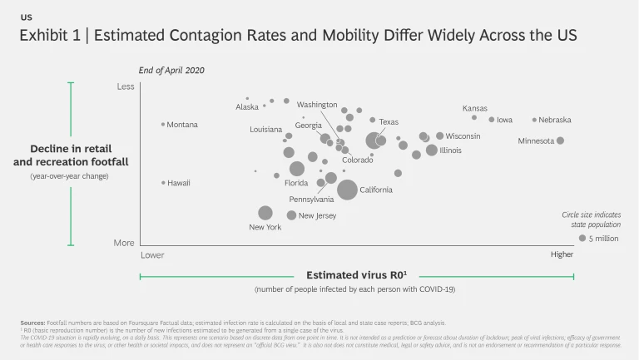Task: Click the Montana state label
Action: (182, 125)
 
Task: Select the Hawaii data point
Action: (163, 182)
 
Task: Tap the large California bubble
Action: (347, 190)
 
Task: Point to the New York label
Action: (265, 227)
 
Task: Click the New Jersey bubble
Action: (291, 215)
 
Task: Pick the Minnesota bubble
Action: (561, 141)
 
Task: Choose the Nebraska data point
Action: (534, 120)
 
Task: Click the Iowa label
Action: (504, 120)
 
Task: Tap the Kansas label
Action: (475, 108)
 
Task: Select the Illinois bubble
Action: (432, 150)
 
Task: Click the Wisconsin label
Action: (463, 136)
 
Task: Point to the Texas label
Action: (389, 122)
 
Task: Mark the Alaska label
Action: (247, 107)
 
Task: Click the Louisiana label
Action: (266, 130)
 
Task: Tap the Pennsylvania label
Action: (311, 200)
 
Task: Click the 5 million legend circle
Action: (582, 239)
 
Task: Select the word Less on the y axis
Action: (125, 86)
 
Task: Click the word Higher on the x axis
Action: (562, 254)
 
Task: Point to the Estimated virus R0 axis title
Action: (357, 275)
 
